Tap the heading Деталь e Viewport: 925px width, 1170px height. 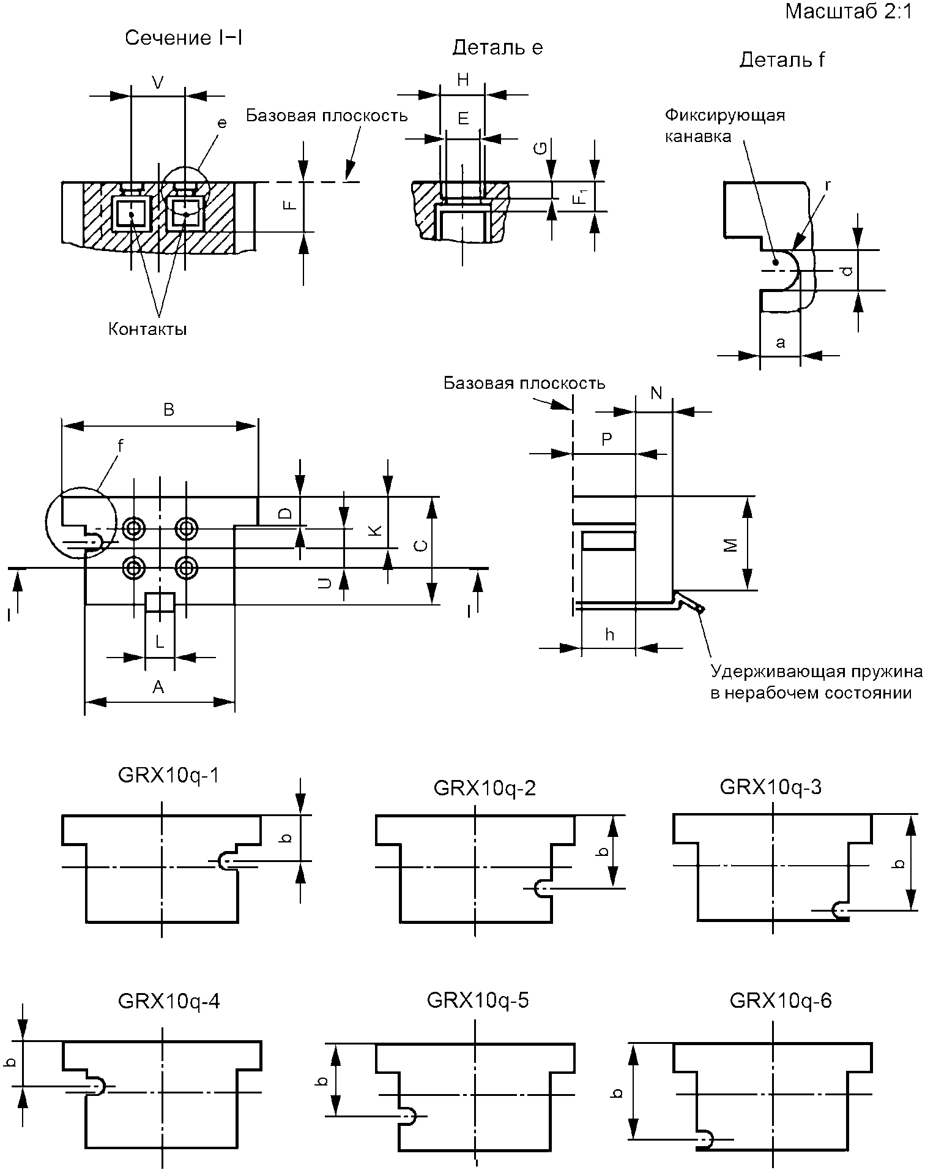pos(497,48)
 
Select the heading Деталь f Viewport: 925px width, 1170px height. pos(782,59)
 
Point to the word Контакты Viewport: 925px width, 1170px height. pos(147,329)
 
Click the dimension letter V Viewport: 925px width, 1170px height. pos(158,83)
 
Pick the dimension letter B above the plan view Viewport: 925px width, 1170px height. pos(169,410)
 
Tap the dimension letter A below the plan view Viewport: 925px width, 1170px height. pos(158,687)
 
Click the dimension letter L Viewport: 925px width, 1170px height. pos(159,642)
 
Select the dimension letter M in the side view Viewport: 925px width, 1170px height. pos(730,546)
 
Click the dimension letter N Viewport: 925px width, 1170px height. pos(656,394)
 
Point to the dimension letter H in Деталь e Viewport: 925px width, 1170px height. pos(463,79)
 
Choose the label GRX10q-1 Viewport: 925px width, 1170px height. pos(168,776)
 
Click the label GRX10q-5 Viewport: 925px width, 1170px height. pos(478,1000)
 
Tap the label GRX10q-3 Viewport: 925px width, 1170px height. pos(771,787)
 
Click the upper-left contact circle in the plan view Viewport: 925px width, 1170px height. pos(133,527)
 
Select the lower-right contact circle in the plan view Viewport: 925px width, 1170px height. pos(185,568)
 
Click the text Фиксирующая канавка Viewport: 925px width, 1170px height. pos(725,126)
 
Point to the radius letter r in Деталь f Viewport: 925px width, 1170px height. pos(828,184)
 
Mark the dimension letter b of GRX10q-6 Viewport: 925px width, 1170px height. pos(618,1092)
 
